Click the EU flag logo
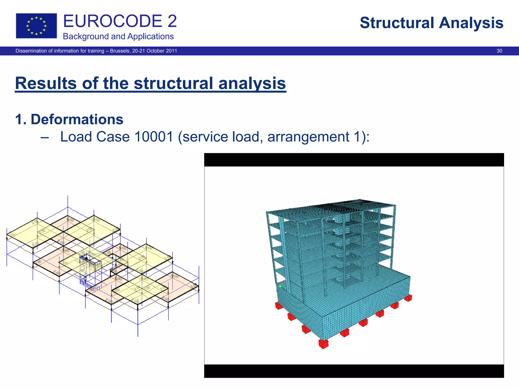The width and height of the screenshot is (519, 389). point(36,26)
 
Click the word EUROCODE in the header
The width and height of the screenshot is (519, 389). point(112,21)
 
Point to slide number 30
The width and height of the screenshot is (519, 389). point(499,51)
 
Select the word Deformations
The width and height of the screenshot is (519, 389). point(77,119)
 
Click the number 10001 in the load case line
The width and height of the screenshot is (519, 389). point(154,137)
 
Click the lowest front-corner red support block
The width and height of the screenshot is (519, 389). point(323,344)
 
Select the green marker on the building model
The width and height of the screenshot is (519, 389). point(280,286)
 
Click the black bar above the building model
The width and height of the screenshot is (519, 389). point(354,160)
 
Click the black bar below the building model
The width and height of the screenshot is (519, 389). point(354,371)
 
